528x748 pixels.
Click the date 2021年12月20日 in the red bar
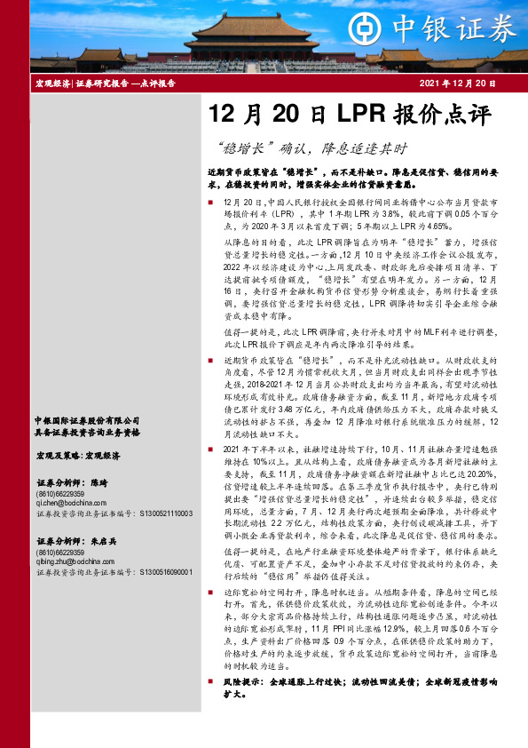[455, 84]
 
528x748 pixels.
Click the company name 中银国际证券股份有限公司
[87, 420]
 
